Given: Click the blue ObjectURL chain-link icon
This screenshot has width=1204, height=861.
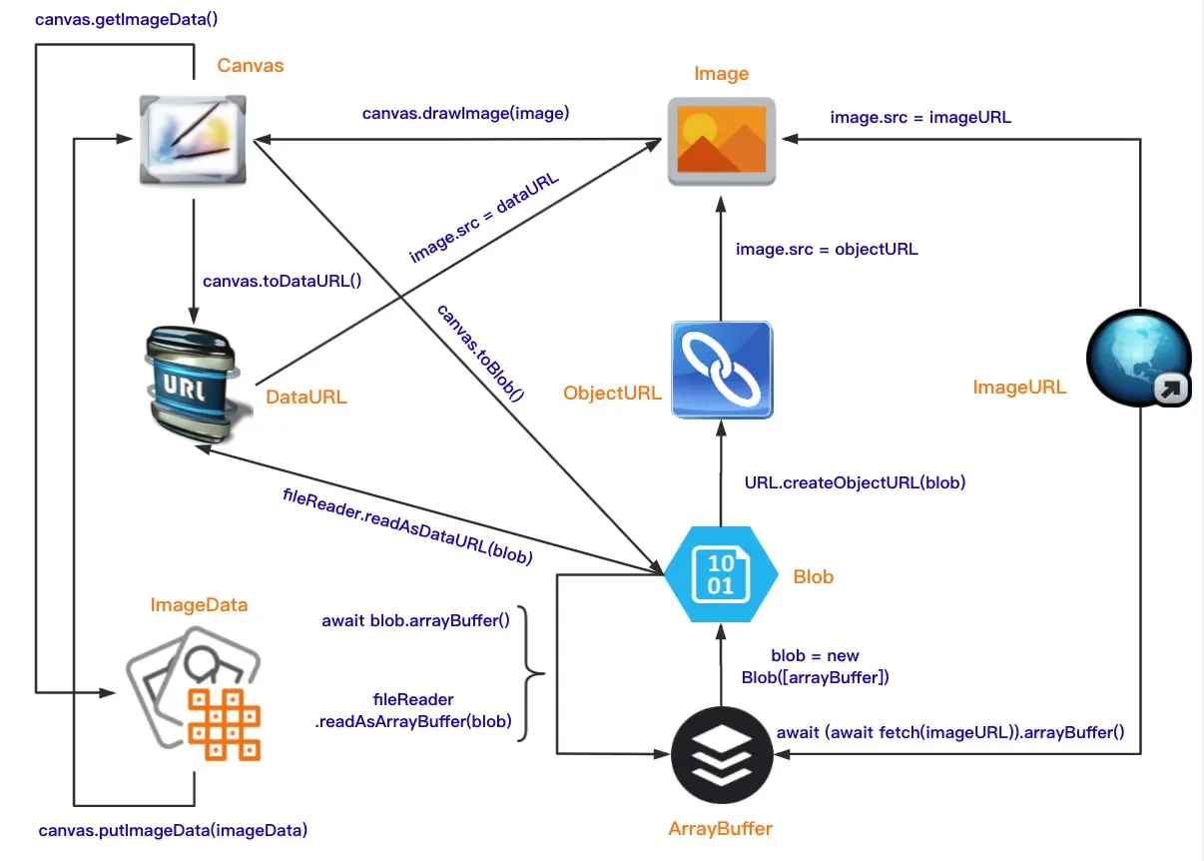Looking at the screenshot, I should tap(722, 369).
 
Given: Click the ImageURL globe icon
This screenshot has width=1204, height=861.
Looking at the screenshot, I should tap(1138, 358).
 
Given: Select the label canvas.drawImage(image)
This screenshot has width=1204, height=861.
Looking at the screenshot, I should tap(465, 113).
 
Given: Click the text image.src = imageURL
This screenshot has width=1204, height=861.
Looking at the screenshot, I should tap(920, 117).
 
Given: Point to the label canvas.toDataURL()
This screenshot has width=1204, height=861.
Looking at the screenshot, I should tap(282, 281).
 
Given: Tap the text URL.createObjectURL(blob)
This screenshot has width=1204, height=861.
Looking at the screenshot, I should tap(855, 482).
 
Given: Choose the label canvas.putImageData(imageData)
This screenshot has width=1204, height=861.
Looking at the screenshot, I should tap(173, 830).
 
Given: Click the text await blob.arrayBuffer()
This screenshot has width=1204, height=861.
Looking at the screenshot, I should tap(415, 620).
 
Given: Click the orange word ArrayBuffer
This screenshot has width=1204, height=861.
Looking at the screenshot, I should tap(720, 828).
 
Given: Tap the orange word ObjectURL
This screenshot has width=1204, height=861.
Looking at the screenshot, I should tap(612, 393).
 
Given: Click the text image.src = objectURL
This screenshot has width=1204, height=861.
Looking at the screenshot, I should tap(827, 249).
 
